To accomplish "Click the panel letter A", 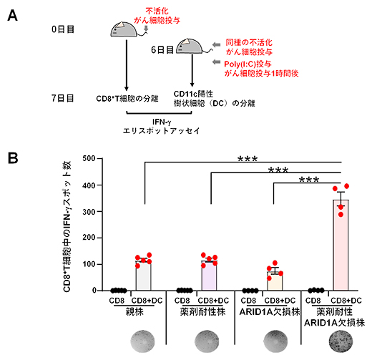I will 11,14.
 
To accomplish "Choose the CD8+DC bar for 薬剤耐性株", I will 210,278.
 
